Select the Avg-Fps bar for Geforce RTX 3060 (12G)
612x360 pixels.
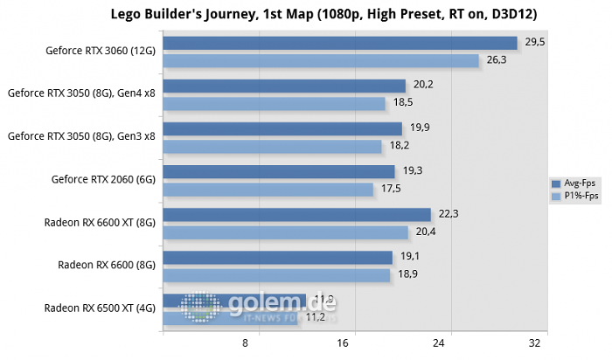(x=339, y=43)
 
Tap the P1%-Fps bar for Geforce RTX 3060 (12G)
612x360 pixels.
(x=320, y=60)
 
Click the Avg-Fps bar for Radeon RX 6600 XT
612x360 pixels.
(x=296, y=214)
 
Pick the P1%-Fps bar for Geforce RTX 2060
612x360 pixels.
(x=268, y=189)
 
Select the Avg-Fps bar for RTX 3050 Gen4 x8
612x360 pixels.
(x=284, y=86)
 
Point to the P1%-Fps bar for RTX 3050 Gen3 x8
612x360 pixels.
(x=272, y=146)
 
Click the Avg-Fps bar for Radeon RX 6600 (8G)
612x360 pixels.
(x=277, y=257)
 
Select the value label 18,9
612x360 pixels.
(x=404, y=274)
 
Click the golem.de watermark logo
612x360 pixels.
(x=258, y=305)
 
